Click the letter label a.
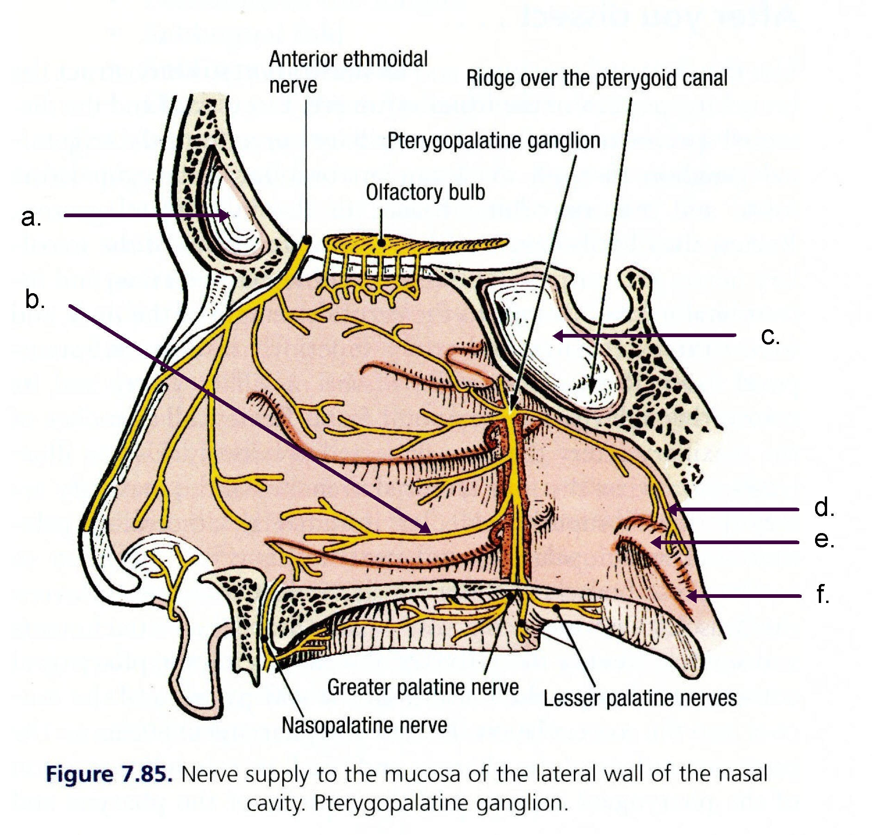(31, 217)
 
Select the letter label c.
(770, 336)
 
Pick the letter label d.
(824, 508)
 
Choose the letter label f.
(822, 594)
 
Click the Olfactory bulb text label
(425, 192)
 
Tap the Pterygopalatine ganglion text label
(493, 140)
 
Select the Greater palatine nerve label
(423, 687)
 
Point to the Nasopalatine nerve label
(364, 725)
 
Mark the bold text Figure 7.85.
(109, 774)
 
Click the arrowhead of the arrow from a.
(226, 215)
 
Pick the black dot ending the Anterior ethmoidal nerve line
(306, 239)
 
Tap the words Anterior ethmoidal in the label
(348, 59)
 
